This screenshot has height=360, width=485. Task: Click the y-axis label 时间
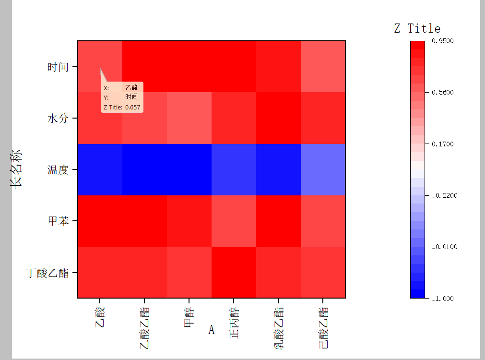point(58,67)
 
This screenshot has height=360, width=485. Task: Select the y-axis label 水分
point(58,118)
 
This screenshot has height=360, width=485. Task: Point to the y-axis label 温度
point(58,170)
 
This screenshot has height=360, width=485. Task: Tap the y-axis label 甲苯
point(58,221)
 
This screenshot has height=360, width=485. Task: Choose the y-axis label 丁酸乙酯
point(47,273)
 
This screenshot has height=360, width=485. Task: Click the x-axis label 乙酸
point(100,317)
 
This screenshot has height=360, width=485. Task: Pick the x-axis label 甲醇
point(189,317)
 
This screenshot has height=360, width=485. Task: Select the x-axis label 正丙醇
point(234,322)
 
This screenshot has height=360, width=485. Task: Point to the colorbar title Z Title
point(417,28)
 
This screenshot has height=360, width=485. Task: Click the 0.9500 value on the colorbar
point(443,41)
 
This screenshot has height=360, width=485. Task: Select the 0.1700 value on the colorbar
point(443,144)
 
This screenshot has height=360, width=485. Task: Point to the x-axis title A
point(211,330)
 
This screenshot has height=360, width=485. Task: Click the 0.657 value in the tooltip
point(132,107)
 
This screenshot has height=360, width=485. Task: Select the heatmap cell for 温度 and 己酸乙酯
point(323,169)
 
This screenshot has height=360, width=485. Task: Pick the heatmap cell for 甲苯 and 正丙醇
point(234,221)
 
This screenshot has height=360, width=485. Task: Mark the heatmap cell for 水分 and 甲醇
point(189,118)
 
